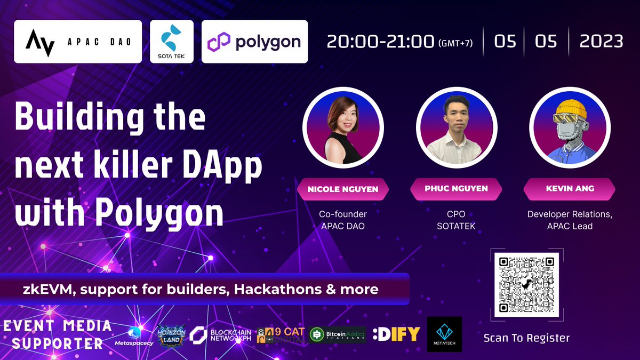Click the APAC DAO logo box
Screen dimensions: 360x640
click(78, 42)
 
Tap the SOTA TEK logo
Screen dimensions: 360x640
click(171, 42)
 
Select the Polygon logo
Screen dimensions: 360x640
click(254, 42)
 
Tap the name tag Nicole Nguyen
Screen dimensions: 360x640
click(343, 189)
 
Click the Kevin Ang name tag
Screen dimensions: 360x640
click(570, 189)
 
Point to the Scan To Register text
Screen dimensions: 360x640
click(526, 338)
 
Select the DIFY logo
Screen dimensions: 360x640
click(396, 334)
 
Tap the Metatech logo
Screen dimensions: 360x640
click(444, 334)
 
